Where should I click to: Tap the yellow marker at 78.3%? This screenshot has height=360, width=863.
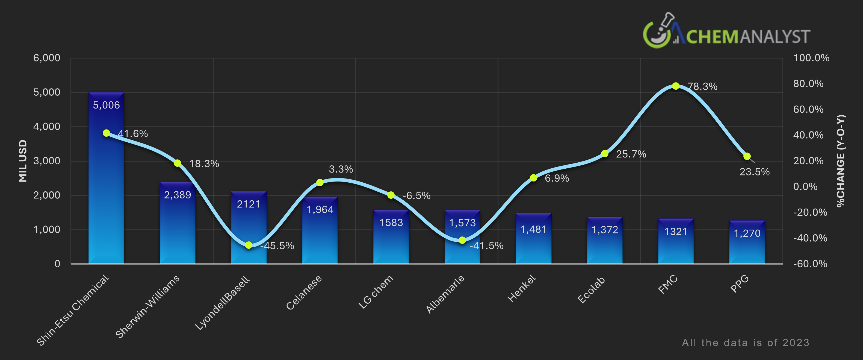click(676, 86)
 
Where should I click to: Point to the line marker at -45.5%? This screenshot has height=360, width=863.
click(249, 245)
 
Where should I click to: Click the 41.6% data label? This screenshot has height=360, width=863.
click(133, 134)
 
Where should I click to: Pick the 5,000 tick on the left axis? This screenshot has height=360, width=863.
click(47, 92)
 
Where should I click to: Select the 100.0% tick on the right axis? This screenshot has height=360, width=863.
click(811, 58)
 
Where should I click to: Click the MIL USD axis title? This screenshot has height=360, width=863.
click(23, 161)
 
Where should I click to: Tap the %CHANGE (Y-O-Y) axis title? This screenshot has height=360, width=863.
click(841, 161)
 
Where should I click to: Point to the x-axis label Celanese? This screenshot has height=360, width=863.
click(304, 292)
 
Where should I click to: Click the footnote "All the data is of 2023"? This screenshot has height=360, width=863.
click(745, 343)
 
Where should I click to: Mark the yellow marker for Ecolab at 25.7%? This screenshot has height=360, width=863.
click(605, 154)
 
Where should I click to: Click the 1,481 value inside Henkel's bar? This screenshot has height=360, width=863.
click(533, 229)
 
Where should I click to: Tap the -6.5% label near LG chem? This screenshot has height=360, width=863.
click(416, 195)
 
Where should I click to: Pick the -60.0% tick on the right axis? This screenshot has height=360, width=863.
click(810, 264)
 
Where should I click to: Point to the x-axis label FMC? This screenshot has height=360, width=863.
click(668, 285)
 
